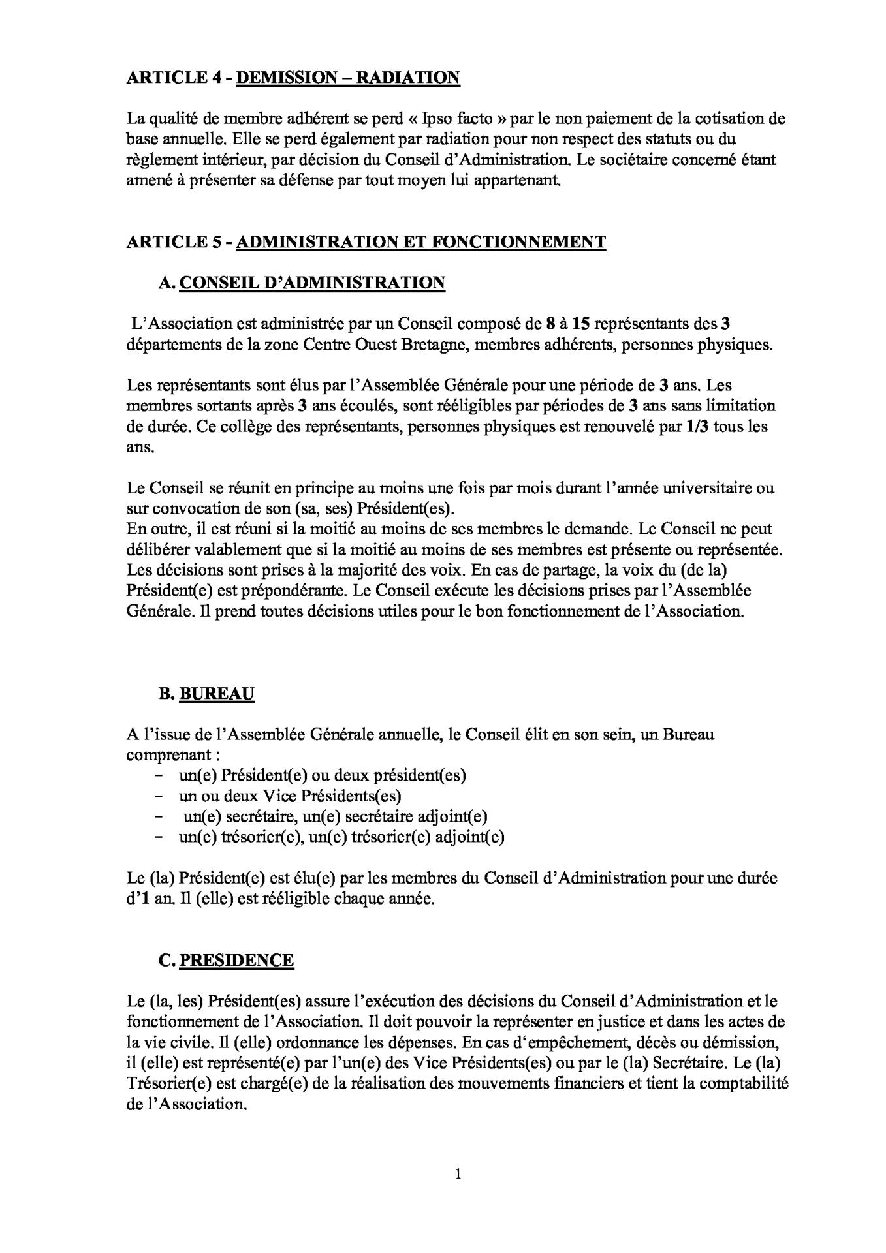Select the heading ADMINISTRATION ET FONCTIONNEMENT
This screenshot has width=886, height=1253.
point(420,242)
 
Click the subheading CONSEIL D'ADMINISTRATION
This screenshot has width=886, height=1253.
point(312,283)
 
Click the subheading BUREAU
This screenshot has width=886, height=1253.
point(216,694)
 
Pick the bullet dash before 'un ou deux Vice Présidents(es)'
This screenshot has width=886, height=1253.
point(159,796)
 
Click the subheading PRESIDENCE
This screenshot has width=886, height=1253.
point(236,961)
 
